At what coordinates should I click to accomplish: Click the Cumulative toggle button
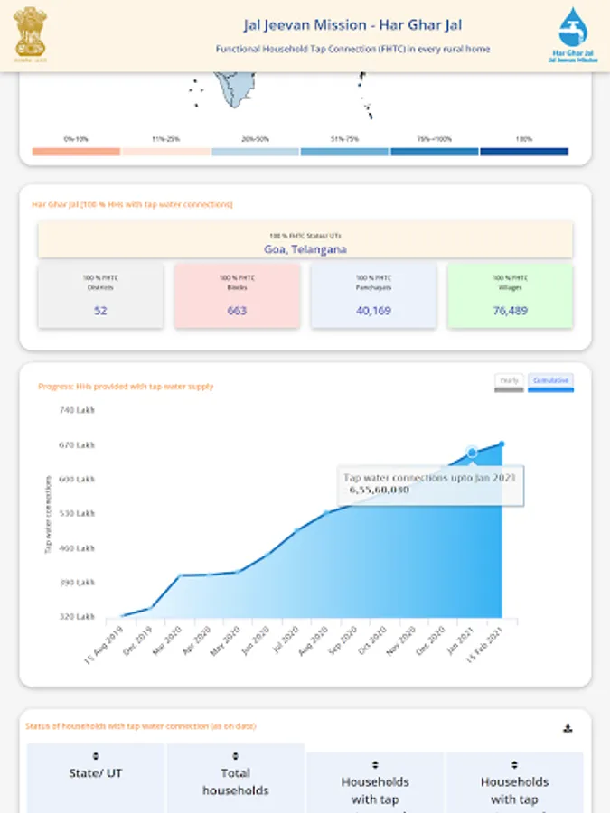pos(550,381)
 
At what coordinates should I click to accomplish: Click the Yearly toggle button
pos(509,381)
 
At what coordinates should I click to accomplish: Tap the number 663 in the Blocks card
pos(237,311)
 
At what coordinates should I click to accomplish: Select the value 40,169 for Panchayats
pos(373,311)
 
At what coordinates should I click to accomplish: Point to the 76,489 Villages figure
pos(510,311)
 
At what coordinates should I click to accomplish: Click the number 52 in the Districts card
pos(100,311)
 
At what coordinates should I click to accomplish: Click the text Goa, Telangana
pos(305,249)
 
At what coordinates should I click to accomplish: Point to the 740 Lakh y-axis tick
pos(77,411)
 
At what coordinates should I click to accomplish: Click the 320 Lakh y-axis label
pos(77,617)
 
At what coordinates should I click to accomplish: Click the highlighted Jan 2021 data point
pos(472,452)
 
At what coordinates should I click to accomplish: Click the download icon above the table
pos(568,728)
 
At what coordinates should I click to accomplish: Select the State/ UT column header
pos(96,773)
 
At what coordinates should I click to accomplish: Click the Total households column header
pos(235,781)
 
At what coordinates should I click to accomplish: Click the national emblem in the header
pos(29,33)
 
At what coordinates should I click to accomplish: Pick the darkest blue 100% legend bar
pos(524,152)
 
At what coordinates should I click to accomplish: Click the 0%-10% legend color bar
pos(76,152)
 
